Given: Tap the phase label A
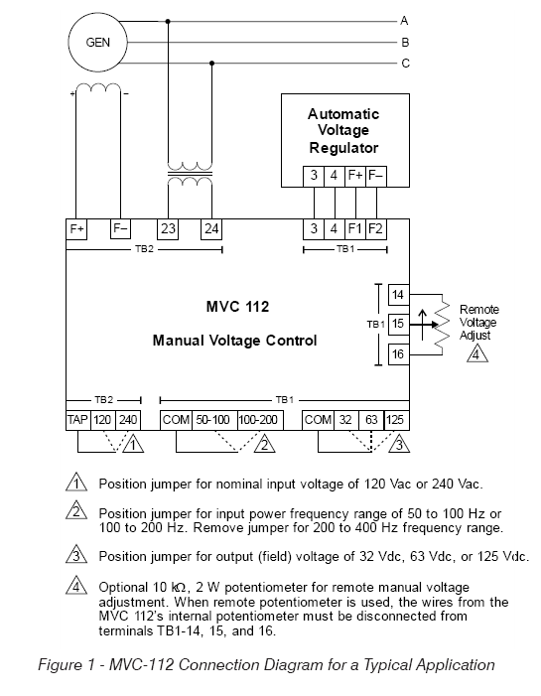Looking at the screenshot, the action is coord(404,21).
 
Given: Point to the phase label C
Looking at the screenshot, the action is coord(405,64).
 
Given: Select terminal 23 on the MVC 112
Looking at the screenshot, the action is coord(168,229).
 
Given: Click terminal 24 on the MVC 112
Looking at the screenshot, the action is coord(211,229).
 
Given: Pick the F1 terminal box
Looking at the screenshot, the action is coord(355,229).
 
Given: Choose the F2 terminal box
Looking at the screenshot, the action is coord(376,229).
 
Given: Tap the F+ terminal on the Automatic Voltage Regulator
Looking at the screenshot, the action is coord(355,176).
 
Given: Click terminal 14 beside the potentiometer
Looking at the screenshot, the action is coord(398,295).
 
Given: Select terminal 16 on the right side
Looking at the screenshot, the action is coord(398,354).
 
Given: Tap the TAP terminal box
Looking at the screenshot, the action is coord(77,420).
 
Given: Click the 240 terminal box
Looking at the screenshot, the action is coord(128,420).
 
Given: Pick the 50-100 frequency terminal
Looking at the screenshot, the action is coord(214,420).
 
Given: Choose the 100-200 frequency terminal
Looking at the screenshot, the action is coord(260,420).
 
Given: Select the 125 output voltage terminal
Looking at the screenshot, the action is coord(396,420).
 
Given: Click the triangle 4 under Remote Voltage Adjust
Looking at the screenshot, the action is coord(477,354).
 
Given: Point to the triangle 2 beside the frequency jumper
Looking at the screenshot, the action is coord(264,444).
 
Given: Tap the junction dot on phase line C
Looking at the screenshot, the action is coord(211,64).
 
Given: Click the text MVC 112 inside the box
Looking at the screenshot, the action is coord(237,307).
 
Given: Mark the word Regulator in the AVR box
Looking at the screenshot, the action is coord(343,148).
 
